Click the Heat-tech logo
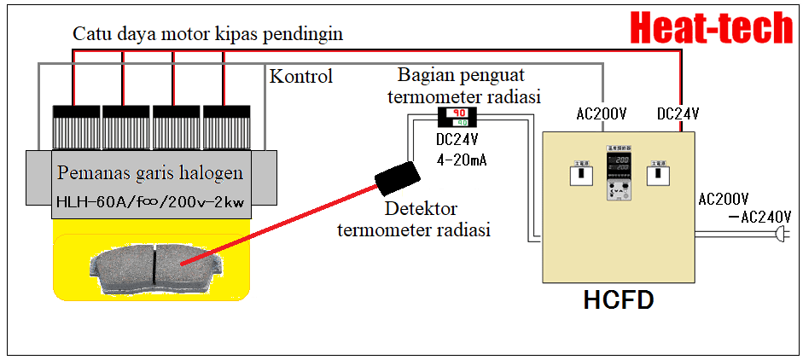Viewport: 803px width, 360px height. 712,27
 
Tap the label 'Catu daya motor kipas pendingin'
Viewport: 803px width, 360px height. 207,34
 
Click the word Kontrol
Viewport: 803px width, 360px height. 300,77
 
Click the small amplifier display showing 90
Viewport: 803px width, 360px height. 457,117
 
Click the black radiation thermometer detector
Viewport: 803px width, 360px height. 398,176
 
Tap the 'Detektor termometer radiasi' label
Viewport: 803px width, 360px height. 413,219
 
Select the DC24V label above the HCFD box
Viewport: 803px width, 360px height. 678,113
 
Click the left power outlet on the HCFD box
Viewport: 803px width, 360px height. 580,173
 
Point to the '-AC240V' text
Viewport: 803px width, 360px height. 749,217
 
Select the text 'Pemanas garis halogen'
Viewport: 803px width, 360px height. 150,173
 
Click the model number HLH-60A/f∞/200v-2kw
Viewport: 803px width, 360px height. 149,202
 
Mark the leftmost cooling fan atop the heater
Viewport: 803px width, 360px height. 78,127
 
